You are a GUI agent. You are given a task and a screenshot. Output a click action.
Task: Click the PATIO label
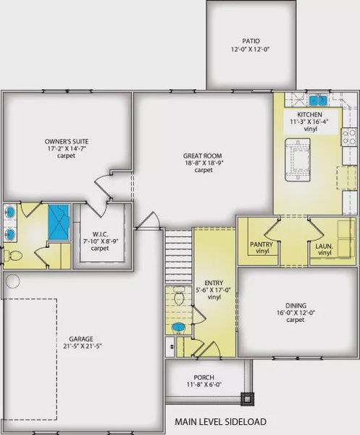click(251, 41)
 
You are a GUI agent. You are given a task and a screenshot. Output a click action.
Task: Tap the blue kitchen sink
click(317, 100)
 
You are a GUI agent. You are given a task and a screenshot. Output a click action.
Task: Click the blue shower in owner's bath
click(59, 223)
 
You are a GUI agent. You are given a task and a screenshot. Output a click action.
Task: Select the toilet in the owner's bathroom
click(12, 255)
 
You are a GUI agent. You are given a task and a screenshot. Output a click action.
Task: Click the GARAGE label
click(82, 339)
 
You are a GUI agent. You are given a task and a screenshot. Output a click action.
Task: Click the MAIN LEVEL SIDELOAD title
click(221, 420)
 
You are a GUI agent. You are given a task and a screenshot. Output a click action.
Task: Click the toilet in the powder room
click(178, 297)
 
